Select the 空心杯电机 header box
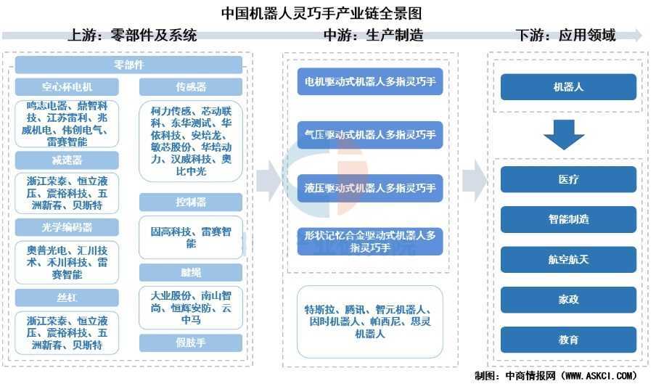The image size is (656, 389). (66, 87)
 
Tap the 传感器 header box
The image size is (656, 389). (191, 87)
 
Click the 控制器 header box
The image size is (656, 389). (191, 201)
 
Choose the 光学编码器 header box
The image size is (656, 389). (66, 228)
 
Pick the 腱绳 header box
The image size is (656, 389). (191, 272)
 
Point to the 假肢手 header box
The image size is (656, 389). (191, 343)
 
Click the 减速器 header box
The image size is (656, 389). (66, 160)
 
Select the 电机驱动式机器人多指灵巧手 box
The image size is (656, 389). (370, 82)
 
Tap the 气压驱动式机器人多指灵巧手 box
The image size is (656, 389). (370, 135)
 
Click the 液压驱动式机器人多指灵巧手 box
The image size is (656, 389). (370, 188)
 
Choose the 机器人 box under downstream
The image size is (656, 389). (568, 87)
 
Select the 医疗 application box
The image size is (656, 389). (568, 179)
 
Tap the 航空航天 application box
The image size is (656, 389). (568, 259)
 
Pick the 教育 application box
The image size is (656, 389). (568, 339)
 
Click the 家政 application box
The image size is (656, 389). (568, 299)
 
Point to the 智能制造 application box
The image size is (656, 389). (568, 218)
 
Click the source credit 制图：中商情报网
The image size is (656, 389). (555, 376)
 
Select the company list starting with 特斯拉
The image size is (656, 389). (370, 322)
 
